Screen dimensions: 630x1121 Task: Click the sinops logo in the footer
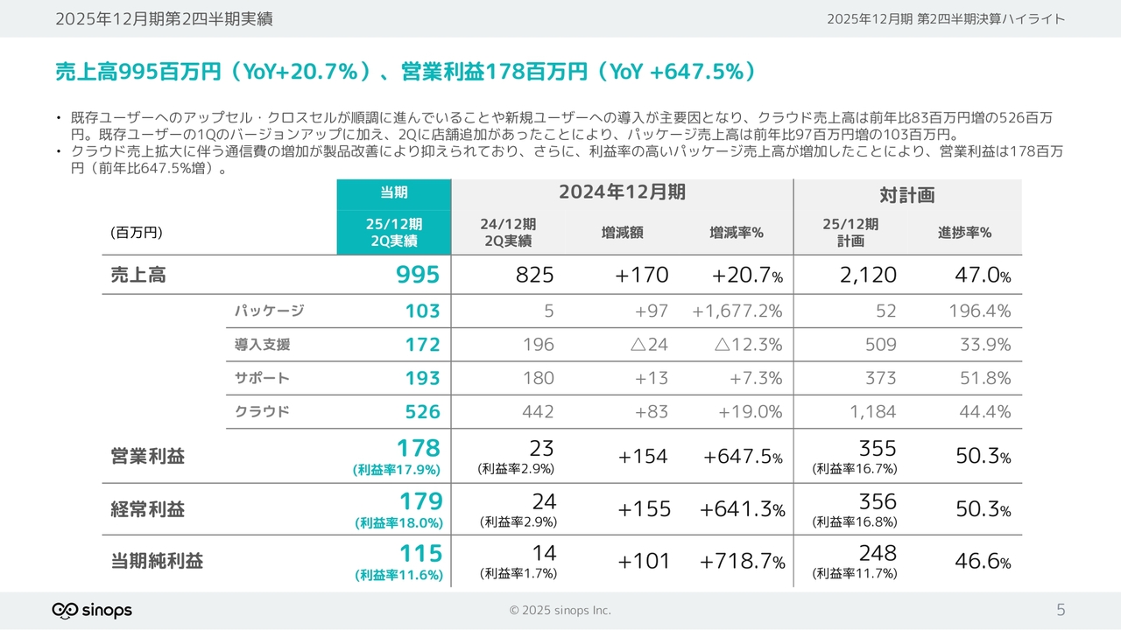pos(92,610)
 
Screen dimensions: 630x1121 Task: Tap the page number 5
pos(1061,610)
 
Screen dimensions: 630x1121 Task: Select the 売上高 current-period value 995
pos(418,275)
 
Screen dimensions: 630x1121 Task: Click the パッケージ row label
pos(269,311)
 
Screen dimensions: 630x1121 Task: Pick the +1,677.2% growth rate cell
pos(737,311)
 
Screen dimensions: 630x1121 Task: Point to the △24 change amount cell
pos(649,345)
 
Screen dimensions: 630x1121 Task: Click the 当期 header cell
pos(393,192)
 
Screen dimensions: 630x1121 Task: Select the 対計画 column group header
pos(906,194)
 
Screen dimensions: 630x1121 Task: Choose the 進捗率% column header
pos(964,233)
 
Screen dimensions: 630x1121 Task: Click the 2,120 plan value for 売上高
pos(868,275)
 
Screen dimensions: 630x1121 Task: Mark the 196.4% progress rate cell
pos(979,311)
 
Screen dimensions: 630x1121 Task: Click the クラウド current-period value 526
pos(422,411)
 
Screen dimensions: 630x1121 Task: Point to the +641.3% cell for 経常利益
pos(742,509)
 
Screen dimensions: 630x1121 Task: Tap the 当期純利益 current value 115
pos(421,553)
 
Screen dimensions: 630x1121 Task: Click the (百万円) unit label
pos(137,233)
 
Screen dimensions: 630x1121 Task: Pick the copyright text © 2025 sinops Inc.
pos(560,610)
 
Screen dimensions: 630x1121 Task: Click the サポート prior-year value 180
pos(537,378)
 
